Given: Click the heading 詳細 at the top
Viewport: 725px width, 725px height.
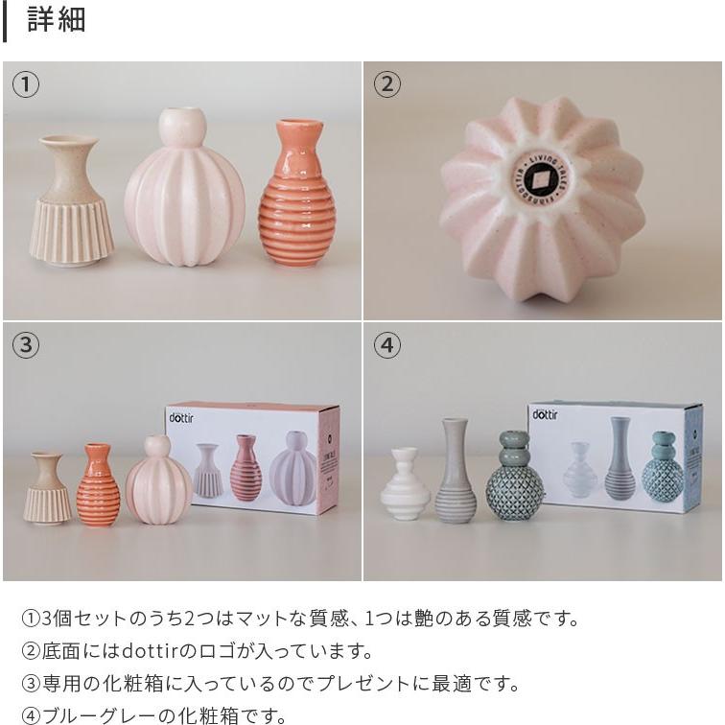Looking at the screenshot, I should pos(57,19).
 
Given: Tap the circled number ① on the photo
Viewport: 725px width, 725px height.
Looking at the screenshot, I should pos(26,84).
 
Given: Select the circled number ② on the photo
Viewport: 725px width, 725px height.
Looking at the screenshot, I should pos(386,84).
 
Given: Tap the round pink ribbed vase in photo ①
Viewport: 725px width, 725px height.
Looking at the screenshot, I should pos(184,192).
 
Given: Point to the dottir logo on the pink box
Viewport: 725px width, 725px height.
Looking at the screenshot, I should pos(181,417).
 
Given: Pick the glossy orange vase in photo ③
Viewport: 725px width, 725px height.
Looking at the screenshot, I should pos(98,486).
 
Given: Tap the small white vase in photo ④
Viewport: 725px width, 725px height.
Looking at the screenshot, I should pos(404,486).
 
